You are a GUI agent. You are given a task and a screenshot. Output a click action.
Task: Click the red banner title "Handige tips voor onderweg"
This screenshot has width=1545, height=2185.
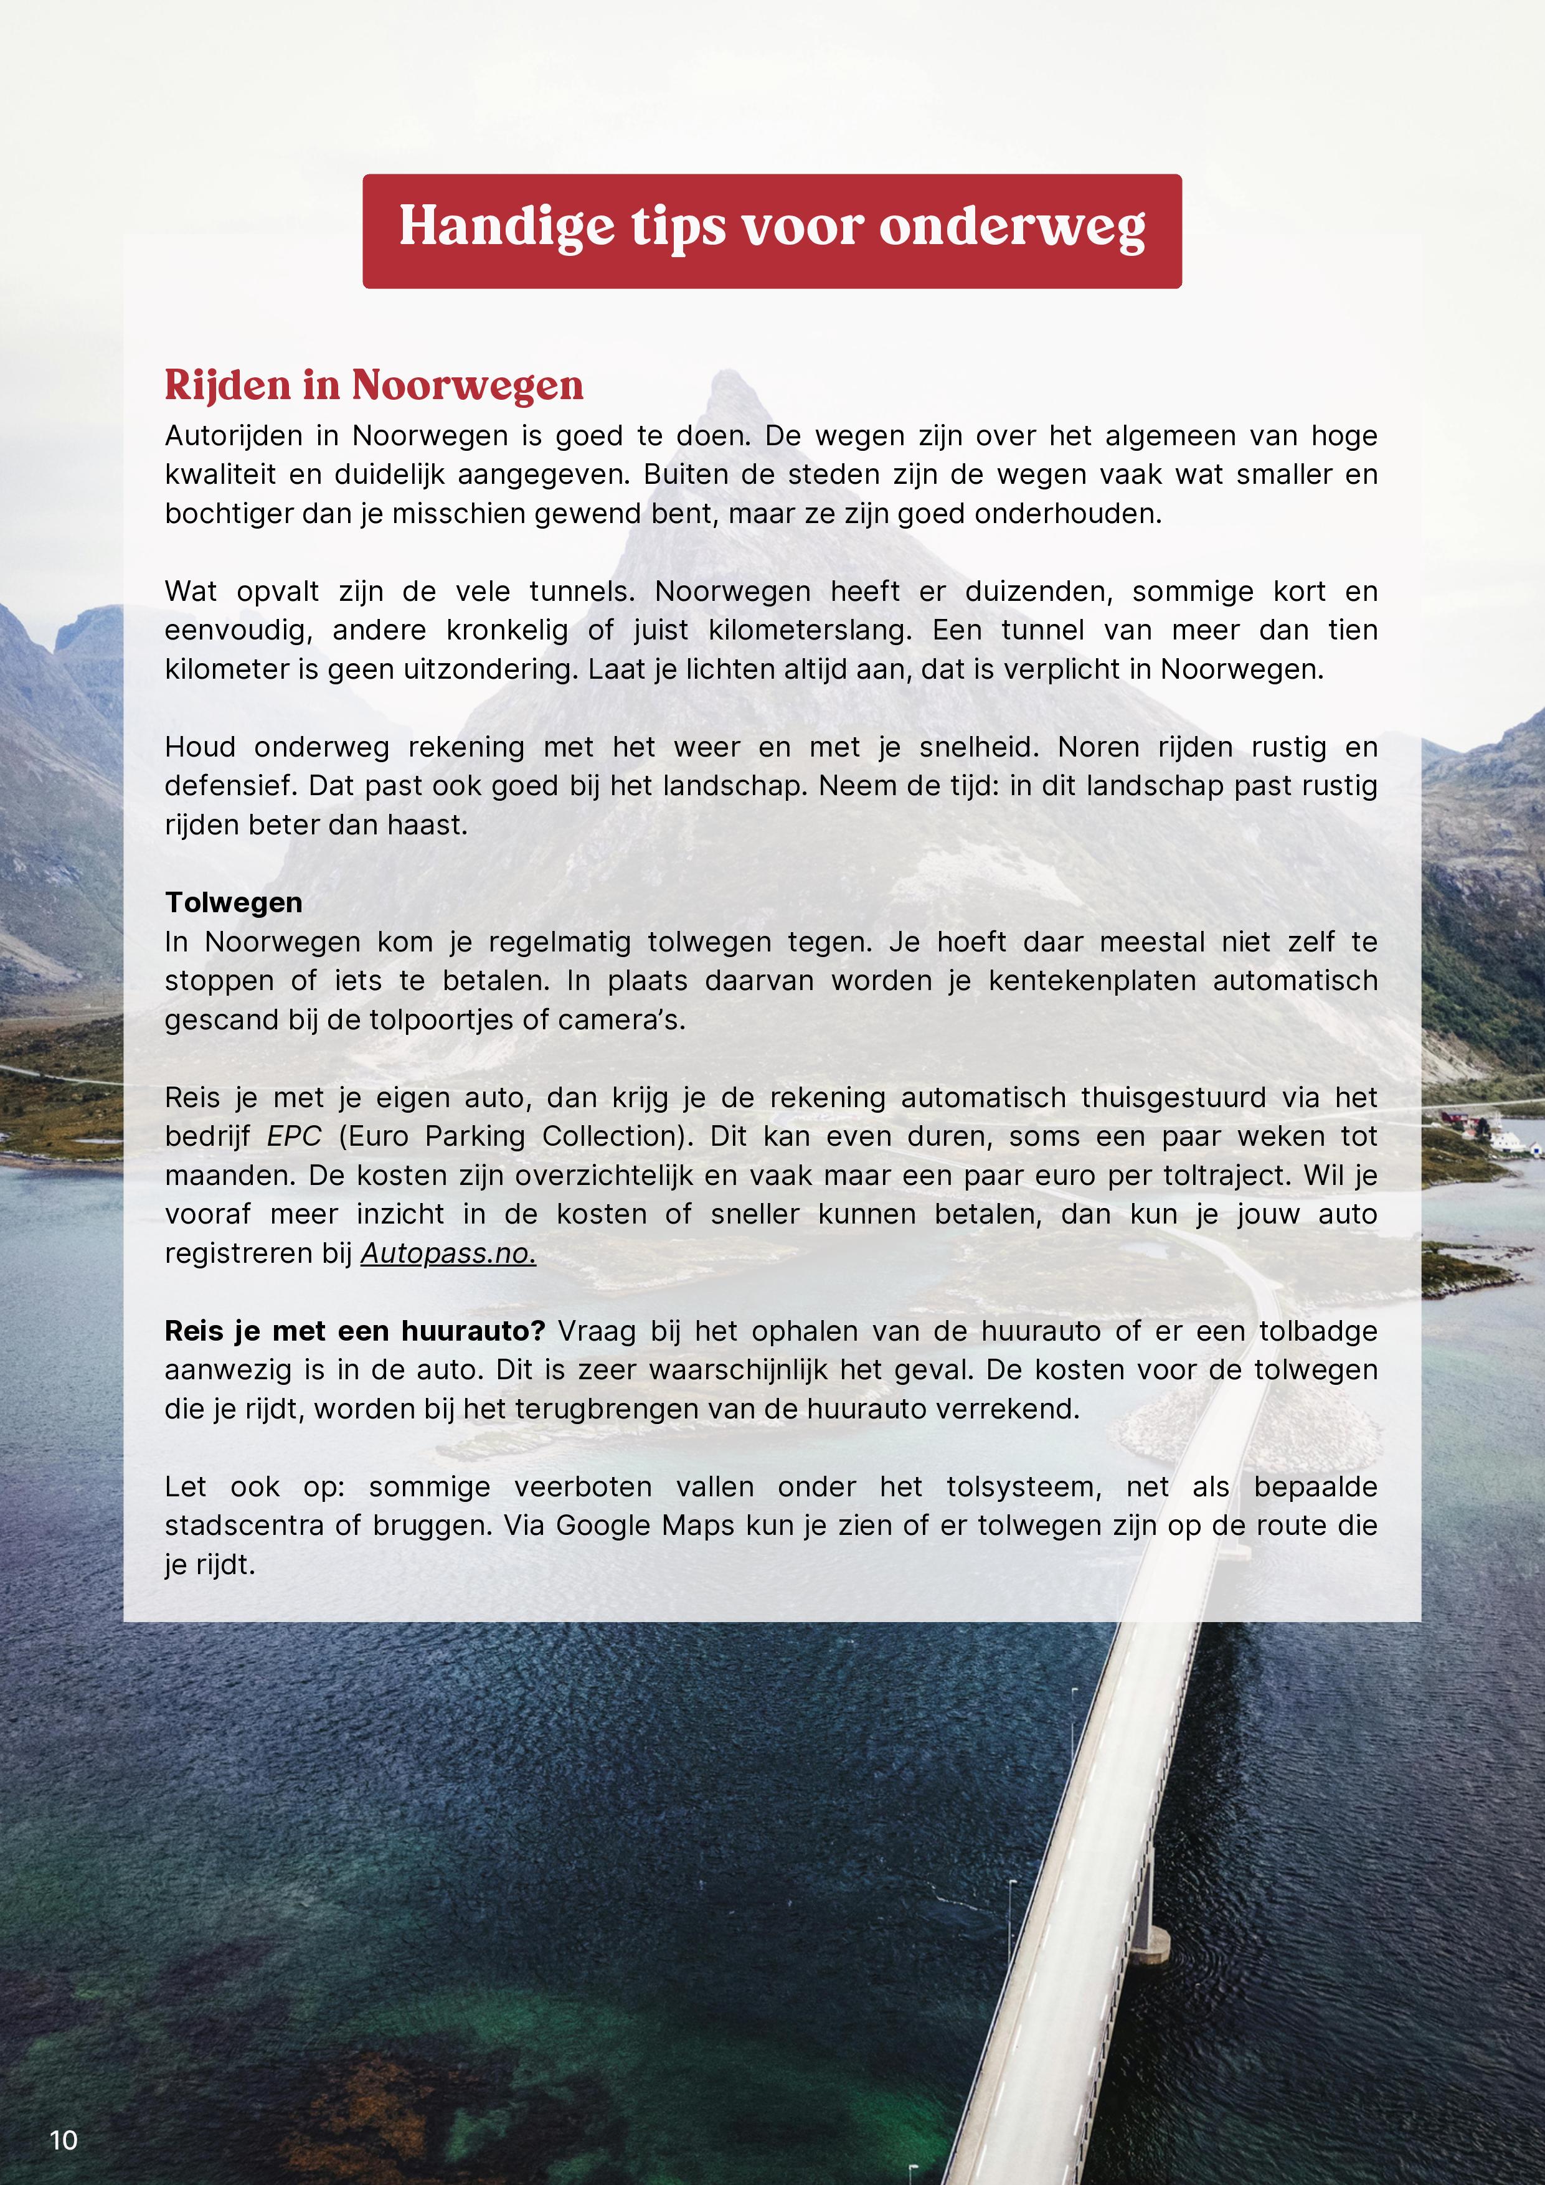click(x=772, y=229)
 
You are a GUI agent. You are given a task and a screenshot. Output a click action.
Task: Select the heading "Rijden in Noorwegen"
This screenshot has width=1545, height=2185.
click(x=374, y=385)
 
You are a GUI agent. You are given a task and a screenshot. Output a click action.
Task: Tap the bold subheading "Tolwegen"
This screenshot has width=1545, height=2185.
click(x=234, y=902)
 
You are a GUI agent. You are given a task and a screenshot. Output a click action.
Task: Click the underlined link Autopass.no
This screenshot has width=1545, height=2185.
click(x=447, y=1253)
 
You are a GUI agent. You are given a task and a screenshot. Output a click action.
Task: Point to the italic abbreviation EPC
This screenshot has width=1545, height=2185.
click(x=294, y=1136)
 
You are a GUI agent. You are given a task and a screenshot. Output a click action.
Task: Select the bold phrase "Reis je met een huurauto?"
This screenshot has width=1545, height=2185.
click(x=354, y=1331)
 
